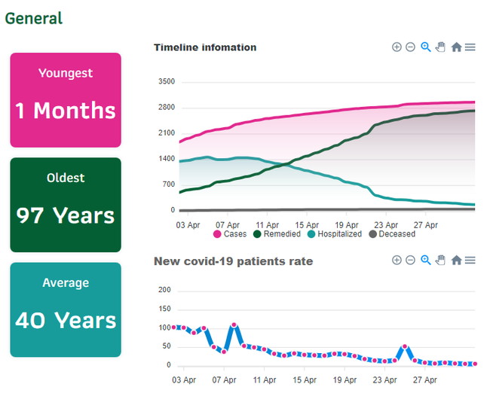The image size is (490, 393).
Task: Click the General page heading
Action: (x=34, y=18)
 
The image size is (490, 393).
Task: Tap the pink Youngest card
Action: (x=66, y=99)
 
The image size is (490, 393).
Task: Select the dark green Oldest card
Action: (x=66, y=204)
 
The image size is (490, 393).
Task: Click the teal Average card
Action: (x=66, y=309)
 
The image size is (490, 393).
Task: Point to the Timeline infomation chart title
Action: (x=205, y=47)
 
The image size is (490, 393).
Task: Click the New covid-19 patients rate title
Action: (x=233, y=261)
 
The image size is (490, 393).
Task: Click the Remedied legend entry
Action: (x=278, y=234)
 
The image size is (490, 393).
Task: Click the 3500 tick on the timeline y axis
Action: (x=166, y=81)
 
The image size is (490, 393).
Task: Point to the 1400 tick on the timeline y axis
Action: (x=166, y=159)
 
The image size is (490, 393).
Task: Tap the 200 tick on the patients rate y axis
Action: (x=165, y=290)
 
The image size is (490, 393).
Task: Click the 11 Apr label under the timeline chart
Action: (x=268, y=224)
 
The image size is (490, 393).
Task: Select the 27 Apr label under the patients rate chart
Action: (x=426, y=380)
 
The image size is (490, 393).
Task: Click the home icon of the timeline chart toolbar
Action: (x=456, y=47)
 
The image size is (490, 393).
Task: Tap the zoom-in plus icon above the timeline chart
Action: (x=397, y=47)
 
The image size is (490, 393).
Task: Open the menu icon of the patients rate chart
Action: (x=470, y=260)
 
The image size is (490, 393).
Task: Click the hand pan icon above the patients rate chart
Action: (x=441, y=260)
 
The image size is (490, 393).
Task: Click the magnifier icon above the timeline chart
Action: (x=426, y=47)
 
